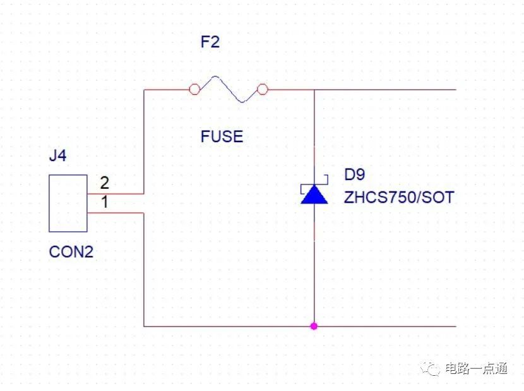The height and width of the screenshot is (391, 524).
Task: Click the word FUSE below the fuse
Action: coord(222,136)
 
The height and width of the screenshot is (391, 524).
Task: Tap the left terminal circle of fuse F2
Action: coord(194,90)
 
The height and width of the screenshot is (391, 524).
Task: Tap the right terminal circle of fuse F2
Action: coord(263,90)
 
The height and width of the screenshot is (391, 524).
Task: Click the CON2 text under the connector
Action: coord(71,252)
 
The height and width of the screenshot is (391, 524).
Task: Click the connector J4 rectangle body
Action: coord(68,203)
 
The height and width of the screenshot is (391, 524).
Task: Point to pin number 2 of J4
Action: coord(104,183)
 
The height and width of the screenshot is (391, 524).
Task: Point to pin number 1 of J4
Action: coord(104,203)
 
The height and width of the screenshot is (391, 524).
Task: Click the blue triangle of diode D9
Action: coord(314,196)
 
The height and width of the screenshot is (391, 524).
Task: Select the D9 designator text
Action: coord(354,176)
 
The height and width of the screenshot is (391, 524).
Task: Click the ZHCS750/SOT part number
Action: coord(398,197)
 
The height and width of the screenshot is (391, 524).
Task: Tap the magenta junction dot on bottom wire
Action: coord(314,326)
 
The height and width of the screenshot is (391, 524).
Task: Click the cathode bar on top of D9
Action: coord(314,185)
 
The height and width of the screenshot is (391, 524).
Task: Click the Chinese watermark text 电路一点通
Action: coord(475,368)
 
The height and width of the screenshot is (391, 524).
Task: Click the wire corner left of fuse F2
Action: coord(145,90)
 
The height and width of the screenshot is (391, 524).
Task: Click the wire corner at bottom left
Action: coord(145,326)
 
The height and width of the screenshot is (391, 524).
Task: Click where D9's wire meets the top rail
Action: coord(314,90)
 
